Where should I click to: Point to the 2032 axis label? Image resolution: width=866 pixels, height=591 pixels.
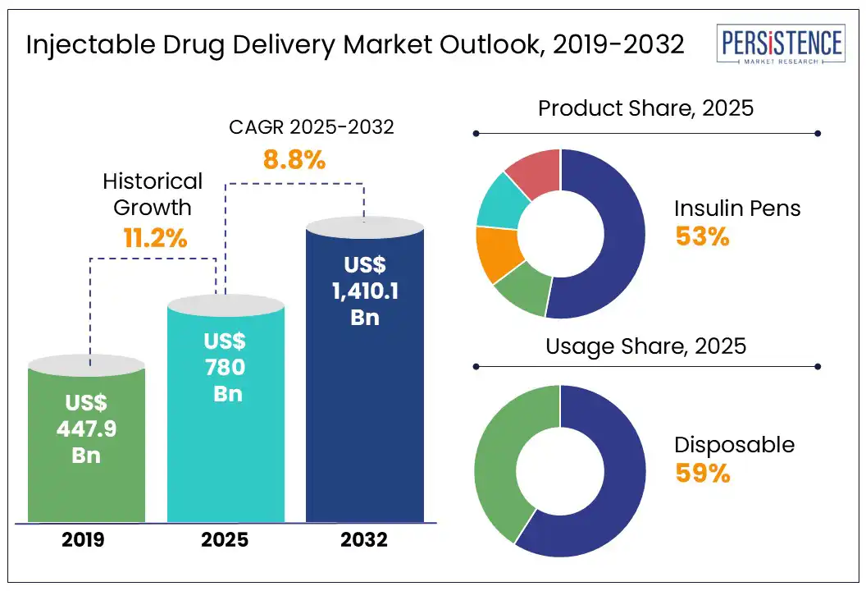pyautogui.click(x=365, y=540)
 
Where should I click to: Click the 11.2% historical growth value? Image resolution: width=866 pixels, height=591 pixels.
pyautogui.click(x=156, y=239)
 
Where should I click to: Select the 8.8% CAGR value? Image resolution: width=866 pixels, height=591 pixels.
pyautogui.click(x=294, y=159)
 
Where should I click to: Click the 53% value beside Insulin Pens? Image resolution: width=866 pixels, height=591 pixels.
pyautogui.click(x=702, y=236)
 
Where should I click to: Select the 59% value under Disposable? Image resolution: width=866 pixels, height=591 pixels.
pyautogui.click(x=703, y=474)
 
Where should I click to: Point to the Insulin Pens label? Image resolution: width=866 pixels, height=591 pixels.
pyautogui.click(x=737, y=208)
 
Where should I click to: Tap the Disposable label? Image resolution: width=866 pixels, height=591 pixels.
pyautogui.click(x=734, y=445)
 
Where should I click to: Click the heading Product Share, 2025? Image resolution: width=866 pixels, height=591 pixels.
pyautogui.click(x=645, y=108)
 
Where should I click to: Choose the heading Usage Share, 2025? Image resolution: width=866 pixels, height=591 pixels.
pyautogui.click(x=645, y=346)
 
